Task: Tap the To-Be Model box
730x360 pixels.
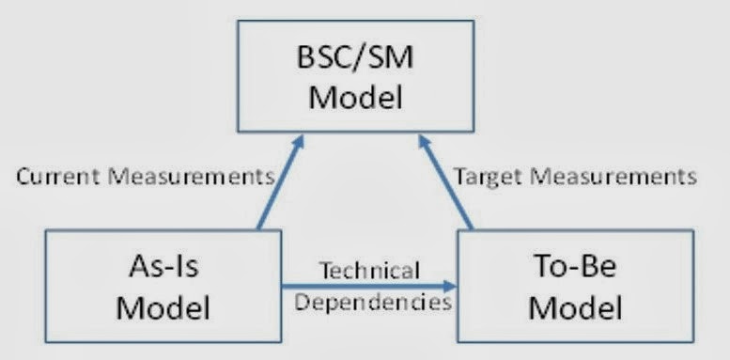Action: [575, 287]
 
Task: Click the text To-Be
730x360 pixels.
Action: [575, 267]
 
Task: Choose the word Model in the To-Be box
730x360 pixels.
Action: [575, 306]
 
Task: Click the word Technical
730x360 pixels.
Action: [368, 272]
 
